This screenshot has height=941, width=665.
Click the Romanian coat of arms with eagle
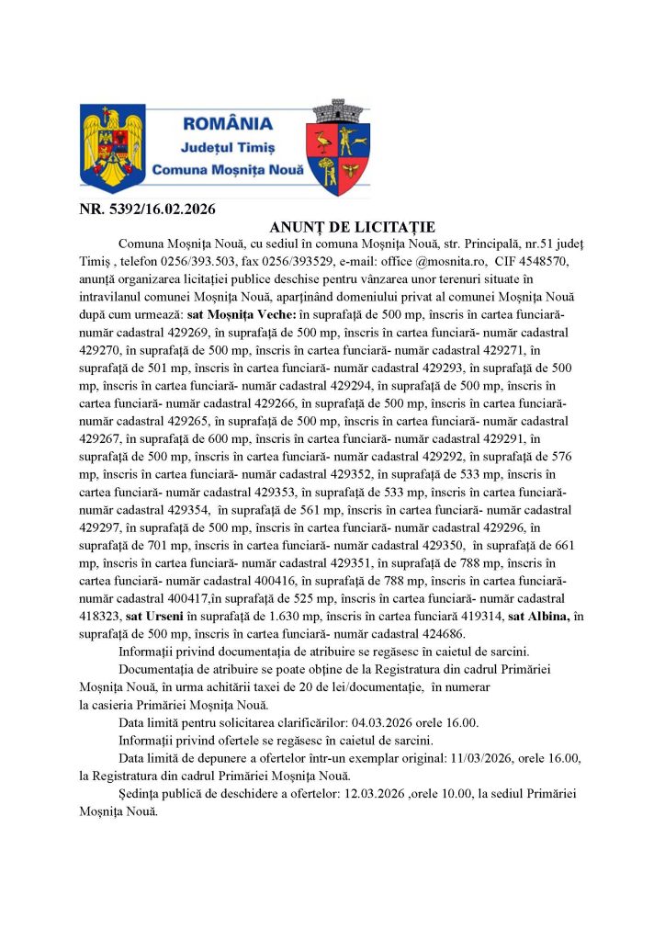pyautogui.click(x=113, y=146)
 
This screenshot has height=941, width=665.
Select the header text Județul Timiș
pyautogui.click(x=228, y=147)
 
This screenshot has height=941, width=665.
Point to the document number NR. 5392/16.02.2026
pyautogui.click(x=147, y=209)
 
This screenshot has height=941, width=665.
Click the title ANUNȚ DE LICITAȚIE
pyautogui.click(x=353, y=227)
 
